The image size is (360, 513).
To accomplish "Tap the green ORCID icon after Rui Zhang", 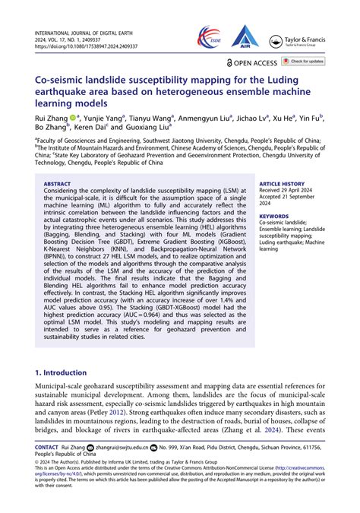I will coord(73,119).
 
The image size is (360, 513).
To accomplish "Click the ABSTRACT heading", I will coord(57,184).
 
